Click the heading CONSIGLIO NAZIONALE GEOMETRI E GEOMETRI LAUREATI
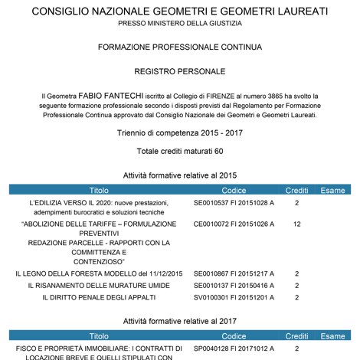[x=180, y=12]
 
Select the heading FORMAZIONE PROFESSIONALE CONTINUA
[x=180, y=47]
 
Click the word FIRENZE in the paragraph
[x=194, y=95]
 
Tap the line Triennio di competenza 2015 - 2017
[x=180, y=133]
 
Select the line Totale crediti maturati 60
[x=180, y=151]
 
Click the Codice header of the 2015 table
[x=234, y=189]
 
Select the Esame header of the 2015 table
[x=332, y=189]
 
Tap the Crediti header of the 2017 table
[x=296, y=335]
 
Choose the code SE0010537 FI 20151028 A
[x=234, y=203]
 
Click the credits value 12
[x=296, y=224]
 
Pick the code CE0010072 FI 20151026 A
[x=234, y=224]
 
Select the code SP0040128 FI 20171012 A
[x=234, y=348]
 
